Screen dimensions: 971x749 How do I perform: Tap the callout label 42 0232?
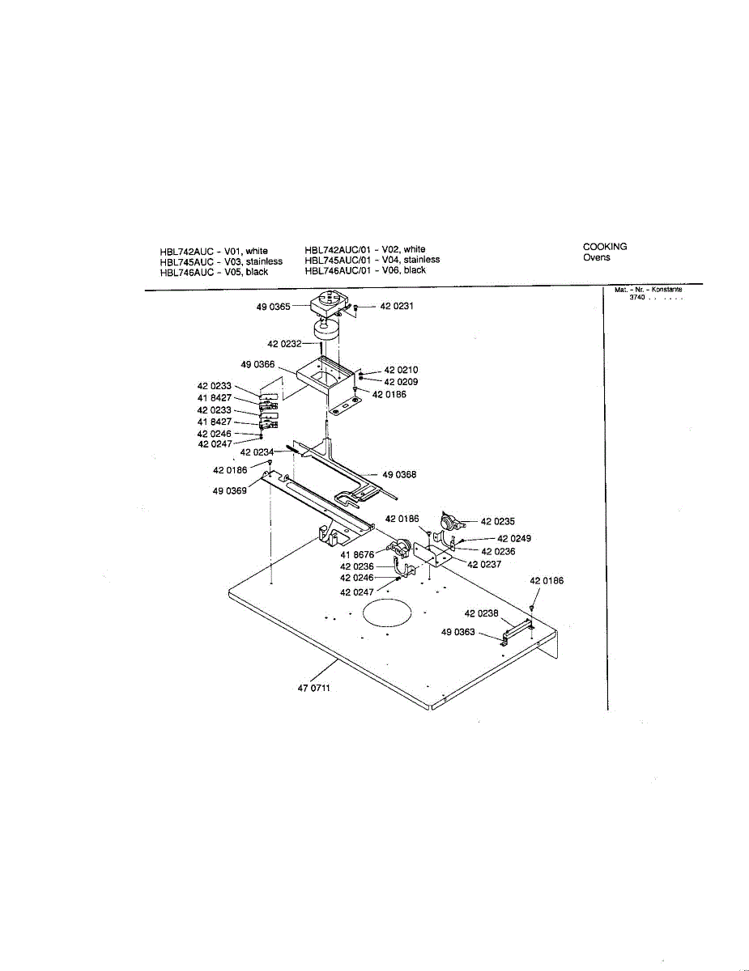tap(284, 344)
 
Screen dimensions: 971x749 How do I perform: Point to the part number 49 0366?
tap(257, 364)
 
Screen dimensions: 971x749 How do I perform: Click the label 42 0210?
tap(401, 370)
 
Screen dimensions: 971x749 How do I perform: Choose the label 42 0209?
tap(401, 381)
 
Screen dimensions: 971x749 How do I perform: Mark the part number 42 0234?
tap(257, 452)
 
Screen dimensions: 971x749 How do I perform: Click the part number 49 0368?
tap(399, 475)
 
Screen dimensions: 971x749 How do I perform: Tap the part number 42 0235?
tap(498, 522)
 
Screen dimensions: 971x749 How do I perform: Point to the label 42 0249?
tap(514, 538)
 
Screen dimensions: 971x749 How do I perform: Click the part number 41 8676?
tap(356, 554)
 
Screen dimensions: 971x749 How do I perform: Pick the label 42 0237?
tap(484, 564)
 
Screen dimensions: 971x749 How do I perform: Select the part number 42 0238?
tap(481, 613)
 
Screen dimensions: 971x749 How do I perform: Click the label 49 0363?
tap(458, 632)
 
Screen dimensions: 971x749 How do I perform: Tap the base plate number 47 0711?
tap(314, 689)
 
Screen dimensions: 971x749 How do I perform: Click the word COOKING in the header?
tap(605, 247)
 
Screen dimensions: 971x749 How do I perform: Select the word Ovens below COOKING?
tap(597, 258)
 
